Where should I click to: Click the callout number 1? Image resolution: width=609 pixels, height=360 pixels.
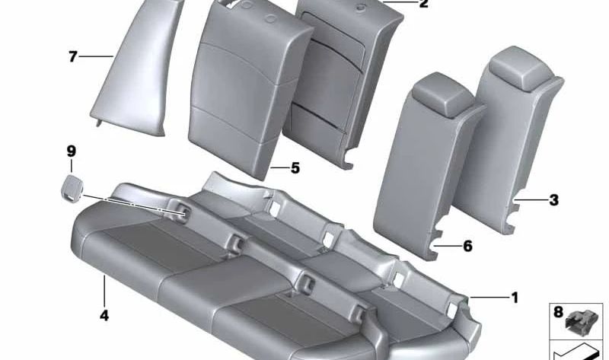point(515,297)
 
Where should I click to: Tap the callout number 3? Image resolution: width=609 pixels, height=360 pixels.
point(553,201)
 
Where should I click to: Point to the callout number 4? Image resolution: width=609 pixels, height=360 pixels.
point(104,314)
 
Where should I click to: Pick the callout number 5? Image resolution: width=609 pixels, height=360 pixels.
point(295,168)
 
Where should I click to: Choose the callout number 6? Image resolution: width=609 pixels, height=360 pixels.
point(467,246)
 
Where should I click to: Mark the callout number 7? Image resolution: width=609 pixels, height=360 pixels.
point(73,56)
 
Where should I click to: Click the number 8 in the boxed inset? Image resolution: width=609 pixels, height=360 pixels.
point(558,312)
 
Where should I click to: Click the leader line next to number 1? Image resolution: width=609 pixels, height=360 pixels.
point(488,298)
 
